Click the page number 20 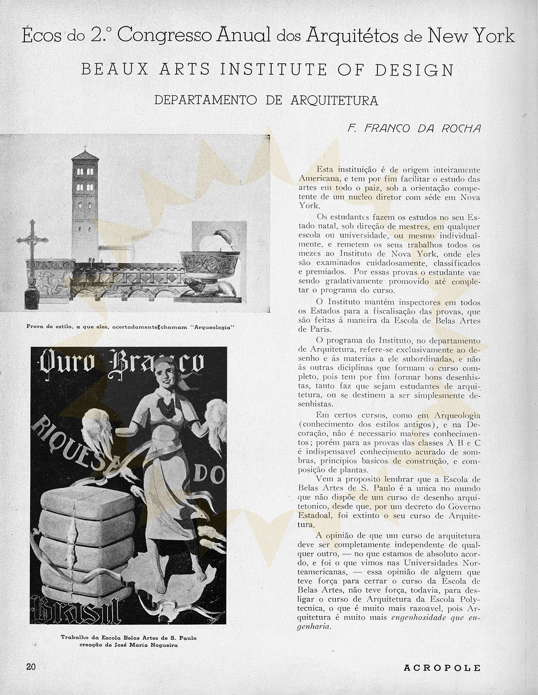31,667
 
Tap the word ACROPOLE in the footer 442,668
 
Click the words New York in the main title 471,36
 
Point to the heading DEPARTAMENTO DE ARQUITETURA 266,101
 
